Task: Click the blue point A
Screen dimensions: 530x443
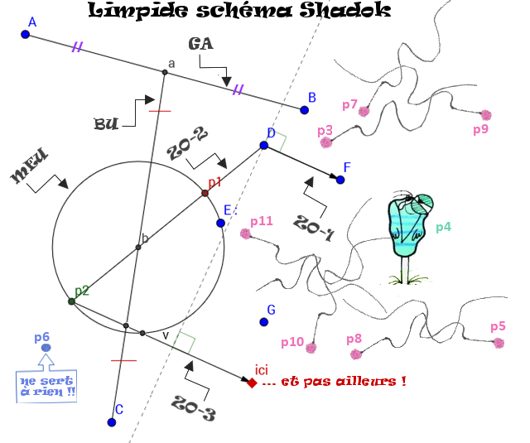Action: coord(25,34)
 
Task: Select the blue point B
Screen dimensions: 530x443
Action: coord(304,109)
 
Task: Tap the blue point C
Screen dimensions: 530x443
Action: coord(111,422)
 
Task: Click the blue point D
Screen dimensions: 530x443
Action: coord(263,145)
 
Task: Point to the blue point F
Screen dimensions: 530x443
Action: coord(340,179)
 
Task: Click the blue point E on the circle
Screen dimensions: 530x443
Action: coord(220,223)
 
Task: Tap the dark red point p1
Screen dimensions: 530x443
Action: coord(205,193)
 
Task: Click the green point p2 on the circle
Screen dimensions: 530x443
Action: coord(72,301)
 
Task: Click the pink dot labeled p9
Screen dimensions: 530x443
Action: coord(486,115)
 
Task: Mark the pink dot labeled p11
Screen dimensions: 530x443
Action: coord(245,234)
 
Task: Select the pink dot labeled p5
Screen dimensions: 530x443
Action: coord(499,342)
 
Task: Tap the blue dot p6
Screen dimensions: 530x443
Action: coord(46,348)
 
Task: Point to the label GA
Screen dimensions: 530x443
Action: coord(201,43)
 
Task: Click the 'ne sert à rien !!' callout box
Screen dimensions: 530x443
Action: coord(46,387)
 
